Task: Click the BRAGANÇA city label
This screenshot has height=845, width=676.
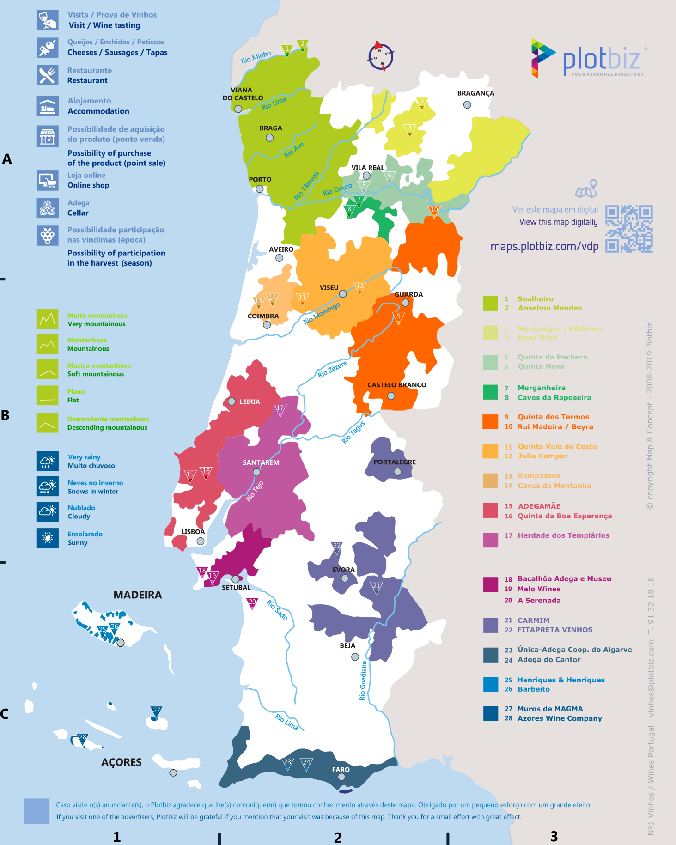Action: coord(475,93)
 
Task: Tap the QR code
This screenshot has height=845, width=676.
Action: coord(629,229)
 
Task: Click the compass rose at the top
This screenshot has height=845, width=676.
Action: coord(381,56)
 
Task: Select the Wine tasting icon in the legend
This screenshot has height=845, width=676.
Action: coord(47,20)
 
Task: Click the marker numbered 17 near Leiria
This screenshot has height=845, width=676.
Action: coord(280,409)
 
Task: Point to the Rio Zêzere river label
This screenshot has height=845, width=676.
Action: coord(332,369)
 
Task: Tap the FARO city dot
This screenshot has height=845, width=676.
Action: coord(341,777)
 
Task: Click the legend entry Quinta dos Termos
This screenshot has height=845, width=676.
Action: coord(553,417)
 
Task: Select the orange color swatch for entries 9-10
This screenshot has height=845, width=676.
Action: coord(490,421)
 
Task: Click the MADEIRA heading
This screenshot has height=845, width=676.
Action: coord(138,595)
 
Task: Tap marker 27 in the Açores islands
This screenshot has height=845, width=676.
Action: coord(156,712)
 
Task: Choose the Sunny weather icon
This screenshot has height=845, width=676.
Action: coord(47,538)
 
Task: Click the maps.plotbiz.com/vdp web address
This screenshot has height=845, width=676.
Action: coord(544,246)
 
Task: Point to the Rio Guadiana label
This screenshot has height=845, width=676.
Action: coord(363,681)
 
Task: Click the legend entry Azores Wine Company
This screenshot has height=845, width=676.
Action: coord(560,718)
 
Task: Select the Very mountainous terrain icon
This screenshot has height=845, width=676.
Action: coord(47,319)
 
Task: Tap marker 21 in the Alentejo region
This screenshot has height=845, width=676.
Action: coord(377,587)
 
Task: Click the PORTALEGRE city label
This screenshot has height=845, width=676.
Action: coord(395,462)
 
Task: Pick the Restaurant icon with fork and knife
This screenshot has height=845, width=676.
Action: coord(47,75)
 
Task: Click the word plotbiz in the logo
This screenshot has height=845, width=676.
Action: coord(601,60)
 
